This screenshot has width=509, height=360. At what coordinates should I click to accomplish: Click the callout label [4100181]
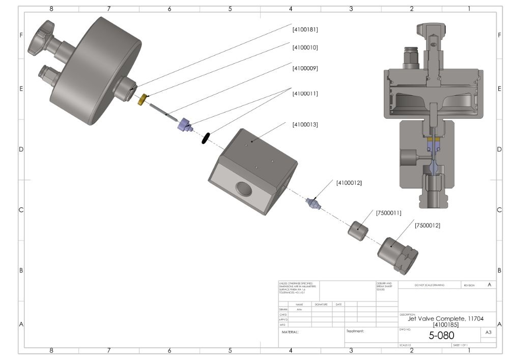(x=305, y=29)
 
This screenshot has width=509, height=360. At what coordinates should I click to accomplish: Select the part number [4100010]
(x=305, y=48)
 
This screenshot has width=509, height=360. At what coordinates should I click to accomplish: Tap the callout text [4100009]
(x=305, y=68)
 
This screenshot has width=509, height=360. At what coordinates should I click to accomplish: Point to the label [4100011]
(x=305, y=94)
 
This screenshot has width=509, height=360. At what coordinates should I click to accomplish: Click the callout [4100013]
(x=305, y=124)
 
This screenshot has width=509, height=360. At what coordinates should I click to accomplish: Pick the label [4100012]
(x=349, y=182)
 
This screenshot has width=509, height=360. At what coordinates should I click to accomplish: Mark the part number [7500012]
(x=428, y=225)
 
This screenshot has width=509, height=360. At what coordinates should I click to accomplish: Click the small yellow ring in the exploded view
(x=143, y=99)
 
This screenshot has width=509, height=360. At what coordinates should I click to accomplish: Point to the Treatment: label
(x=356, y=331)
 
